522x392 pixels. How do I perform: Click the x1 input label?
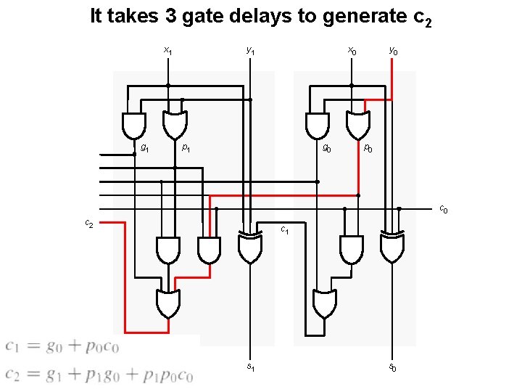(167, 51)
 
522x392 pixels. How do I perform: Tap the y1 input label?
(250, 51)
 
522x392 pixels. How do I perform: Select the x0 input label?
(352, 51)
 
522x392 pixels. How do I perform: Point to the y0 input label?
(392, 51)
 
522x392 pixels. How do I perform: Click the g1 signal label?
(145, 148)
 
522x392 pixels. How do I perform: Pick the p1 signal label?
(186, 148)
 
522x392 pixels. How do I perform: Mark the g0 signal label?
(328, 149)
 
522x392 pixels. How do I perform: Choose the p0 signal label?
(368, 149)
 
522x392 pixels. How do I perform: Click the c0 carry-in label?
(444, 210)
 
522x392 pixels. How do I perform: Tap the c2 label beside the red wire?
(88, 224)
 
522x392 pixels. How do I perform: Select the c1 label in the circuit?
(286, 231)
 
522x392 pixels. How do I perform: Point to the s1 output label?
(250, 367)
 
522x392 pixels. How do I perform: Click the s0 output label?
(392, 368)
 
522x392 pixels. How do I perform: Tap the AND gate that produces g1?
(134, 125)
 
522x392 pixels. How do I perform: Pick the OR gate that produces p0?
(357, 125)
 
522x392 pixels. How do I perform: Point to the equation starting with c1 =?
(62, 347)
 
